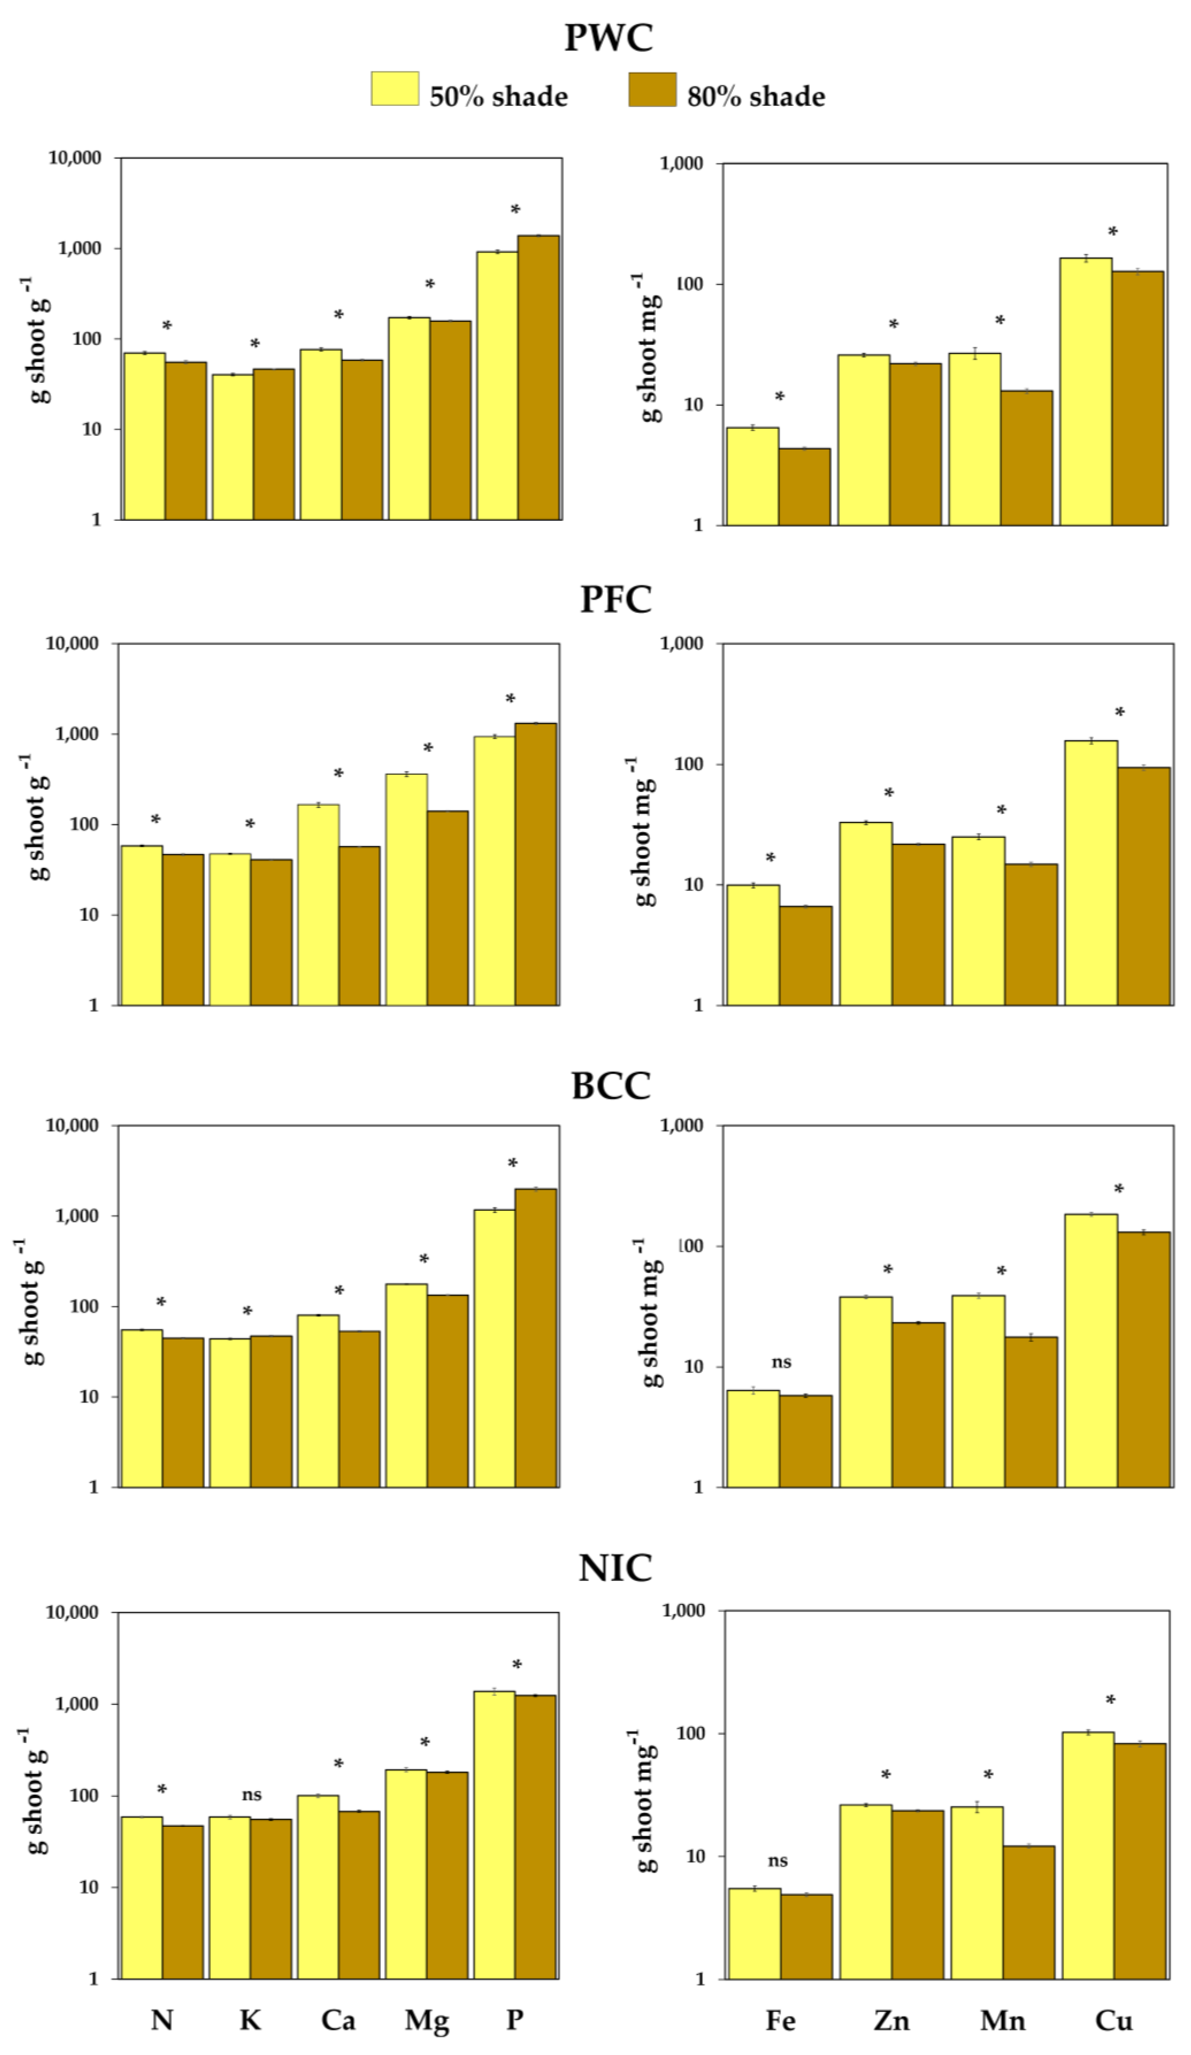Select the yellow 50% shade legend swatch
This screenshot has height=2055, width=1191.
click(x=395, y=89)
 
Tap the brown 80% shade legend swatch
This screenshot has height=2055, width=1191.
click(x=652, y=90)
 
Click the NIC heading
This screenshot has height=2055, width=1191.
click(x=615, y=1567)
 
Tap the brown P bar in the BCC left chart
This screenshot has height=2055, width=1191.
click(x=536, y=1337)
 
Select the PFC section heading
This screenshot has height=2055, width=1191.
click(x=615, y=599)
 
